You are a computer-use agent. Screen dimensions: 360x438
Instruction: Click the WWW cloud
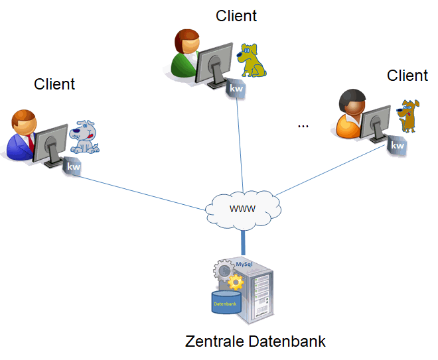pyautogui.click(x=242, y=208)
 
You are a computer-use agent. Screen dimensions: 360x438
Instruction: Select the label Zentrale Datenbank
pyautogui.click(x=256, y=342)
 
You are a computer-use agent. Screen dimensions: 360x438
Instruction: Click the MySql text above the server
pyautogui.click(x=245, y=264)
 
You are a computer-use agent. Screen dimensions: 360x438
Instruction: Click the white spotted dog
pyautogui.click(x=85, y=137)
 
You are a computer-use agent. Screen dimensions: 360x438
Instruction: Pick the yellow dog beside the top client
pyautogui.click(x=252, y=60)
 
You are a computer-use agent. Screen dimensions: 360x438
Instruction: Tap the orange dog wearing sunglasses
pyautogui.click(x=407, y=115)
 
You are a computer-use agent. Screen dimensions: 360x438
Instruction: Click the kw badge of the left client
pyautogui.click(x=73, y=167)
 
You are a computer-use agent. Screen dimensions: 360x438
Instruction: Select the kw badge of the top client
pyautogui.click(x=237, y=88)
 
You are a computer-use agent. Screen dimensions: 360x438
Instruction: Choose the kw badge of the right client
pyautogui.click(x=397, y=146)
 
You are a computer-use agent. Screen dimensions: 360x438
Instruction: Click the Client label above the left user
pyautogui.click(x=54, y=84)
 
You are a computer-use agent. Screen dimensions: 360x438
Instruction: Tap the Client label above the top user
pyautogui.click(x=236, y=16)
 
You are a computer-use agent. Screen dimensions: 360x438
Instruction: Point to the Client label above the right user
pyautogui.click(x=407, y=76)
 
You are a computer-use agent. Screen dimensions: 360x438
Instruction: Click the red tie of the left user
pyautogui.click(x=31, y=141)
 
